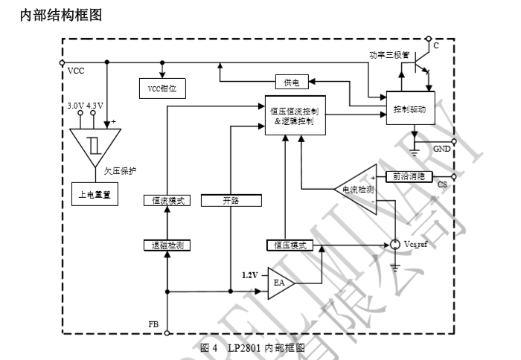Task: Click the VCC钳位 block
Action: (x=162, y=88)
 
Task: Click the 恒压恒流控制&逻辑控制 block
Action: (x=295, y=115)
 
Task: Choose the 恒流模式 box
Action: (x=167, y=201)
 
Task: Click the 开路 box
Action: (x=231, y=201)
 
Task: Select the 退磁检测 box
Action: (x=167, y=245)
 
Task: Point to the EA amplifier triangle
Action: (x=280, y=283)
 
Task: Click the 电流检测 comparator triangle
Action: (x=357, y=188)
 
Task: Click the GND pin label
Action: (x=441, y=150)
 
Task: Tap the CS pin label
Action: (x=442, y=184)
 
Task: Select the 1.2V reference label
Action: (x=250, y=274)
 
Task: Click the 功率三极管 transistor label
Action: (x=389, y=54)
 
